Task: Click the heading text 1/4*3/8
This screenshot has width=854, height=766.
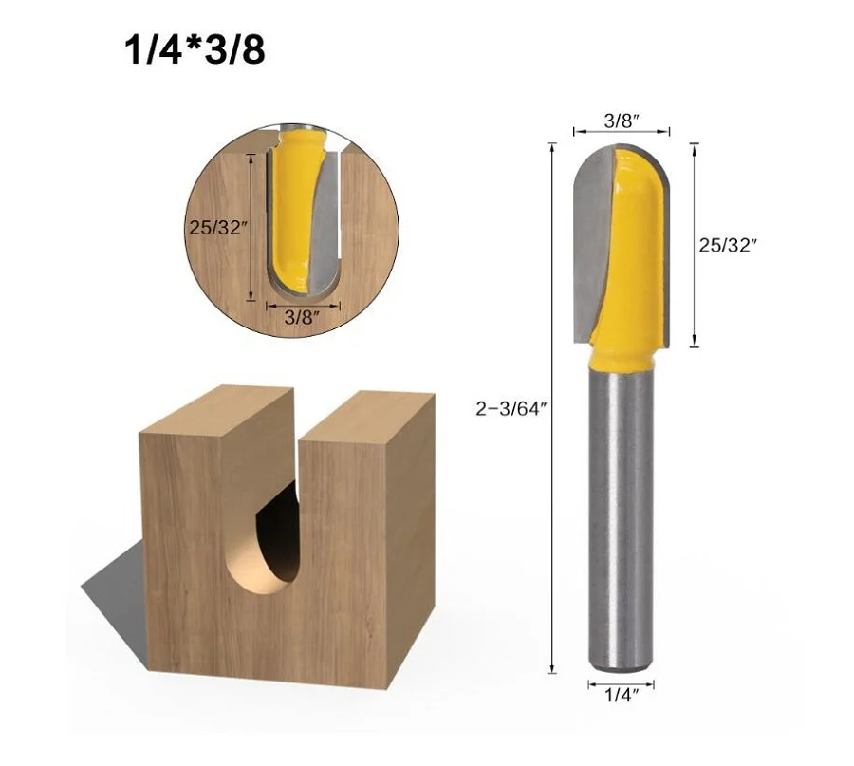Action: tap(194, 50)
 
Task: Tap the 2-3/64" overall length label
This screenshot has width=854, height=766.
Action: tap(512, 408)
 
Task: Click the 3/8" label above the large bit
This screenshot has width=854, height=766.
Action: tap(622, 121)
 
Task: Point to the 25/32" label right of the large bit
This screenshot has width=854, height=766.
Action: tap(729, 244)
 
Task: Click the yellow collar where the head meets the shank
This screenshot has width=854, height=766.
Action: tap(622, 358)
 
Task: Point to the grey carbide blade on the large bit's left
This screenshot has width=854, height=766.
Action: tap(589, 247)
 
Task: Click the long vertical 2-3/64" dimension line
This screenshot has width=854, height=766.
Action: tap(551, 408)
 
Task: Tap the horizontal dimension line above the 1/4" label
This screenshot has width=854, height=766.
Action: tap(621, 681)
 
